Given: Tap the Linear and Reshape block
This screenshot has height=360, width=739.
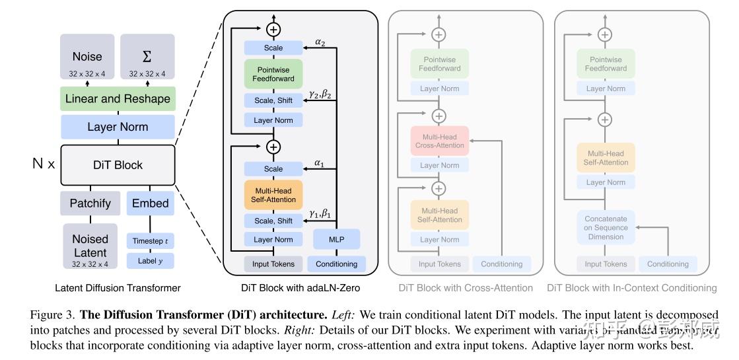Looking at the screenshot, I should (x=118, y=98).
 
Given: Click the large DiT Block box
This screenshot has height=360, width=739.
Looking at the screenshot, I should (x=118, y=164).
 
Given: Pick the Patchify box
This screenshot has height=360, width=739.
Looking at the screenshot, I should (x=90, y=203).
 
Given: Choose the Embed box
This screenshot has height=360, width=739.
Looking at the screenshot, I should (x=150, y=203).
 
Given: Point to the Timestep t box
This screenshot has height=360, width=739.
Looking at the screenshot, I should (x=150, y=241).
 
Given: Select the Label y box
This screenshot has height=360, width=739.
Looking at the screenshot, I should (x=150, y=260).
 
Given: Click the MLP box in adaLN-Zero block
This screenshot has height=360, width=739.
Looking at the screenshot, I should (x=336, y=239).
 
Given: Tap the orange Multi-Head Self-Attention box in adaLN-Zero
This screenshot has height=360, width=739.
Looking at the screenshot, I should (x=273, y=195).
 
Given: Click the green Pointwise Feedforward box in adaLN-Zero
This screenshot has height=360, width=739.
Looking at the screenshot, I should (x=273, y=74).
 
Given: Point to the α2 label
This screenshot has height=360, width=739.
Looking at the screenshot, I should (x=320, y=43).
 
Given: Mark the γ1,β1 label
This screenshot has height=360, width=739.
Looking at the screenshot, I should (x=320, y=214).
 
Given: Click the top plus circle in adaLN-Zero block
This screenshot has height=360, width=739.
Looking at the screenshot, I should (x=273, y=28).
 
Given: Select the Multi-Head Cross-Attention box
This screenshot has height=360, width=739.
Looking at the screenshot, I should (x=439, y=141).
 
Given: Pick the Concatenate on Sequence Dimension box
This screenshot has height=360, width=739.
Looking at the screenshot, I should (x=606, y=227).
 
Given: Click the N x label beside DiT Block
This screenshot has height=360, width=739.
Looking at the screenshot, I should (x=44, y=164).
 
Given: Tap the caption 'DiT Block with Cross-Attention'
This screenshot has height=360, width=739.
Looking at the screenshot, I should (x=466, y=288).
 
